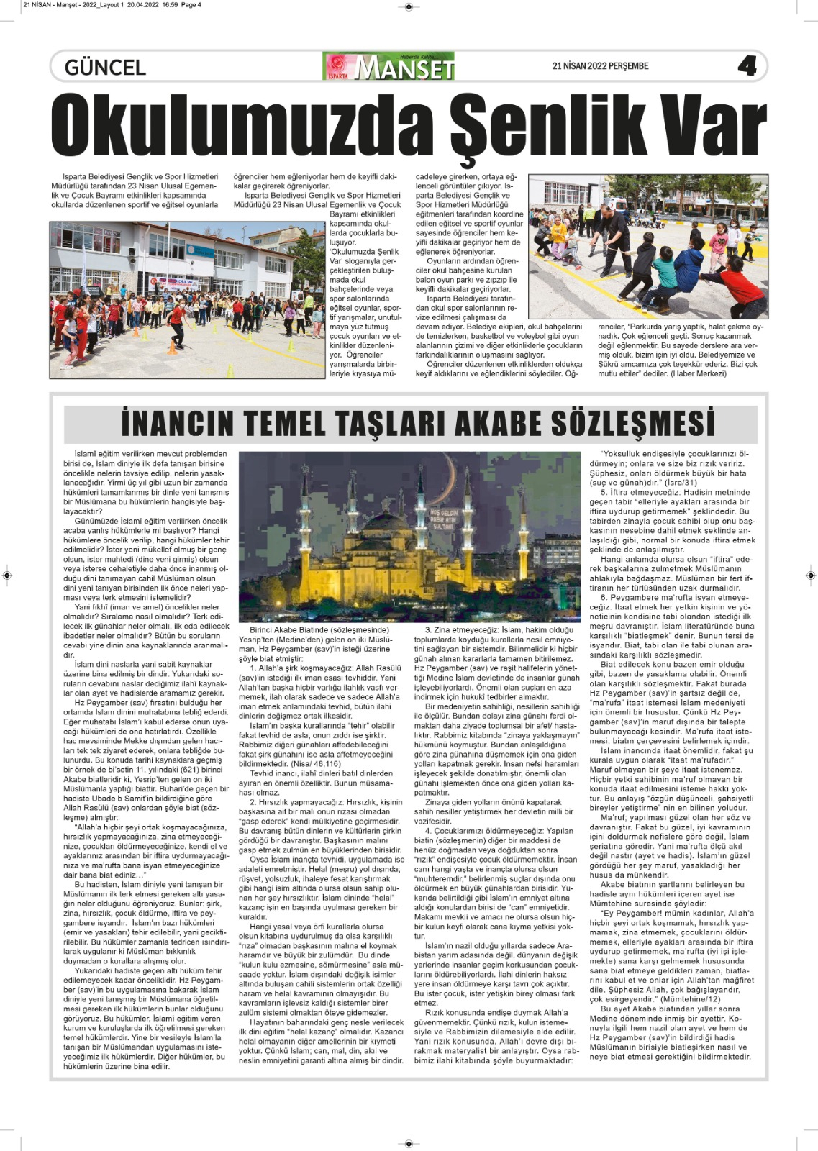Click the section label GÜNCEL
(105, 68)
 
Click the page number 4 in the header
(747, 66)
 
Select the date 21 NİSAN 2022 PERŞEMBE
(600, 66)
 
